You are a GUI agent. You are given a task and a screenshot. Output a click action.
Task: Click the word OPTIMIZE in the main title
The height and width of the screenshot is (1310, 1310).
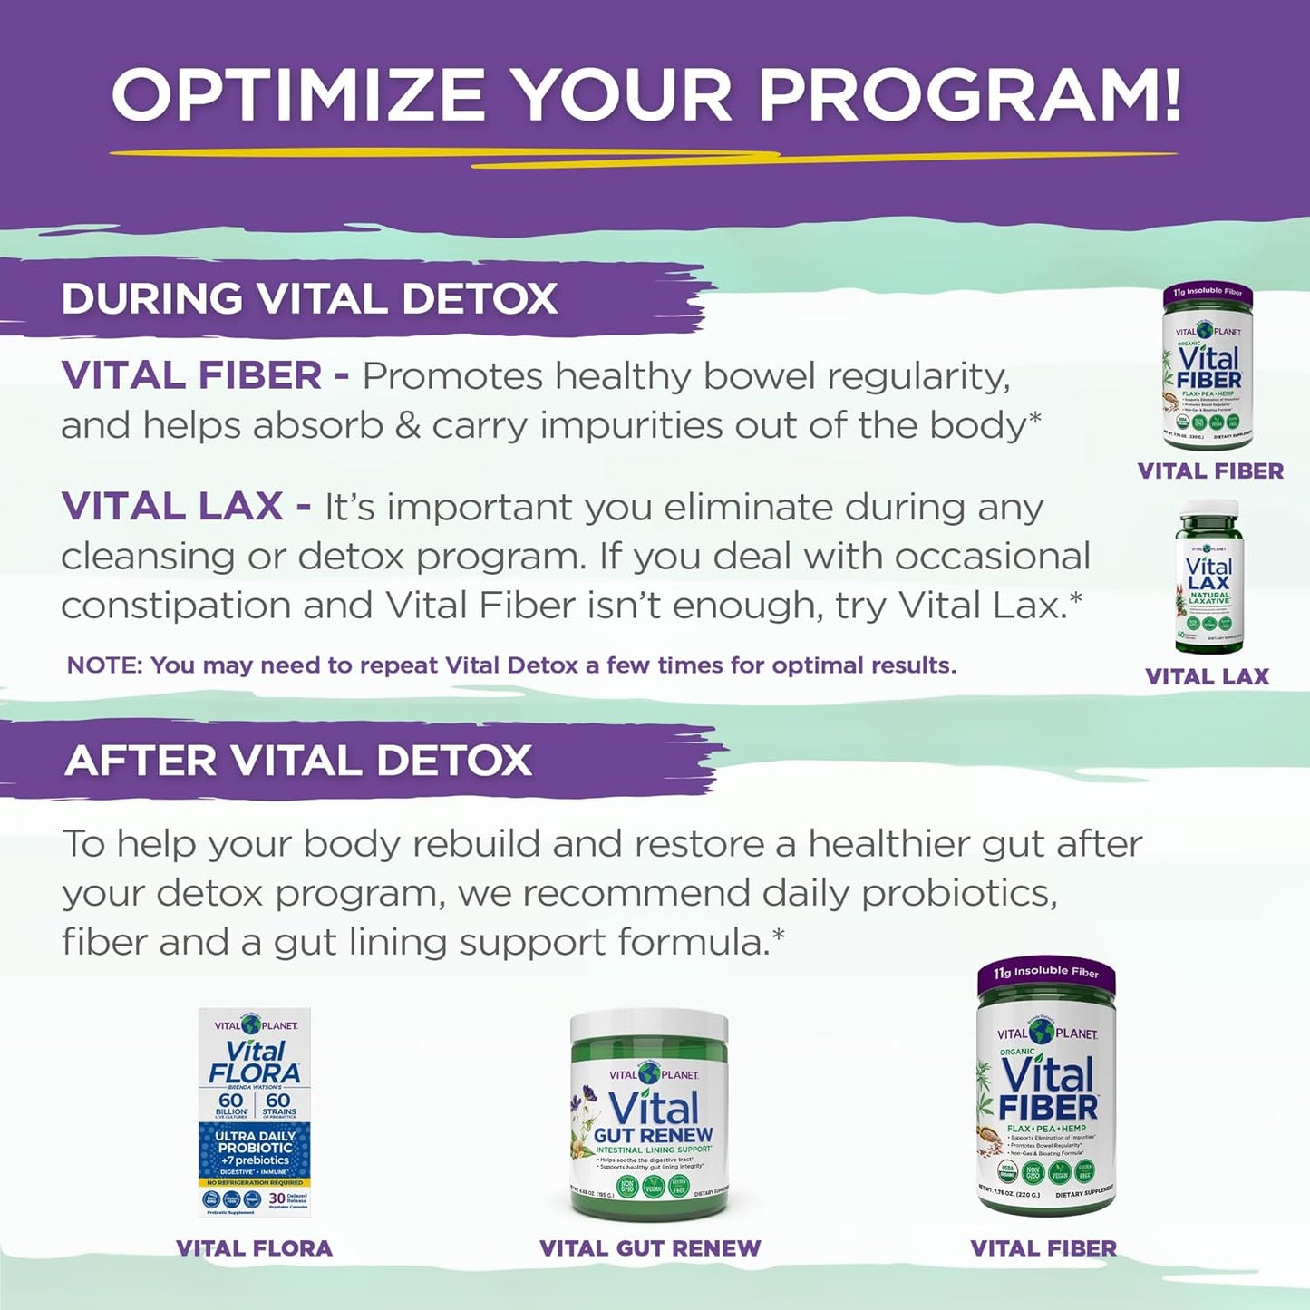(x=299, y=94)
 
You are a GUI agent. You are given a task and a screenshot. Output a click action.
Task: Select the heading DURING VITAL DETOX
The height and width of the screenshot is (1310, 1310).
(x=309, y=299)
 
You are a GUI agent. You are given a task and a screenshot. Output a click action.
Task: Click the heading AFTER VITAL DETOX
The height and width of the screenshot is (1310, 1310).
(x=298, y=761)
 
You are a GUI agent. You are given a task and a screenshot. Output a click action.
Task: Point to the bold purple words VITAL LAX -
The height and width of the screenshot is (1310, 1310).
(x=186, y=507)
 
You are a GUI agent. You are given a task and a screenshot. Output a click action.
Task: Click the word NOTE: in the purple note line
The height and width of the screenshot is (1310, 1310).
(x=104, y=665)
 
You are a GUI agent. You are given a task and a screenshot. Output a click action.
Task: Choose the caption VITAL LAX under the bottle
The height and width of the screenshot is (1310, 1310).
(x=1207, y=676)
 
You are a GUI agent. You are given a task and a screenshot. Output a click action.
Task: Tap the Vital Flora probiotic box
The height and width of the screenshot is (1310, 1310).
(x=255, y=1112)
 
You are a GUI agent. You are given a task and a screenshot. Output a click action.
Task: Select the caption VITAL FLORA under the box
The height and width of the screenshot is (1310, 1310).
(x=254, y=1248)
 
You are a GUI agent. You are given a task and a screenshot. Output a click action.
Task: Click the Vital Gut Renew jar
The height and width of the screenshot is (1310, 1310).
(x=649, y=1124)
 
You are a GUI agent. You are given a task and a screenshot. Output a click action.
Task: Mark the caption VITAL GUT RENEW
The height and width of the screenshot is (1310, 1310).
(x=650, y=1248)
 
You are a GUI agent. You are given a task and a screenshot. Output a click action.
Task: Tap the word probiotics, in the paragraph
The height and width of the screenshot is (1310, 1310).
(x=959, y=894)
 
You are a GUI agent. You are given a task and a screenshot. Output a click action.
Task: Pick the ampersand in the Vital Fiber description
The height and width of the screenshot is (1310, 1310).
(x=408, y=426)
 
